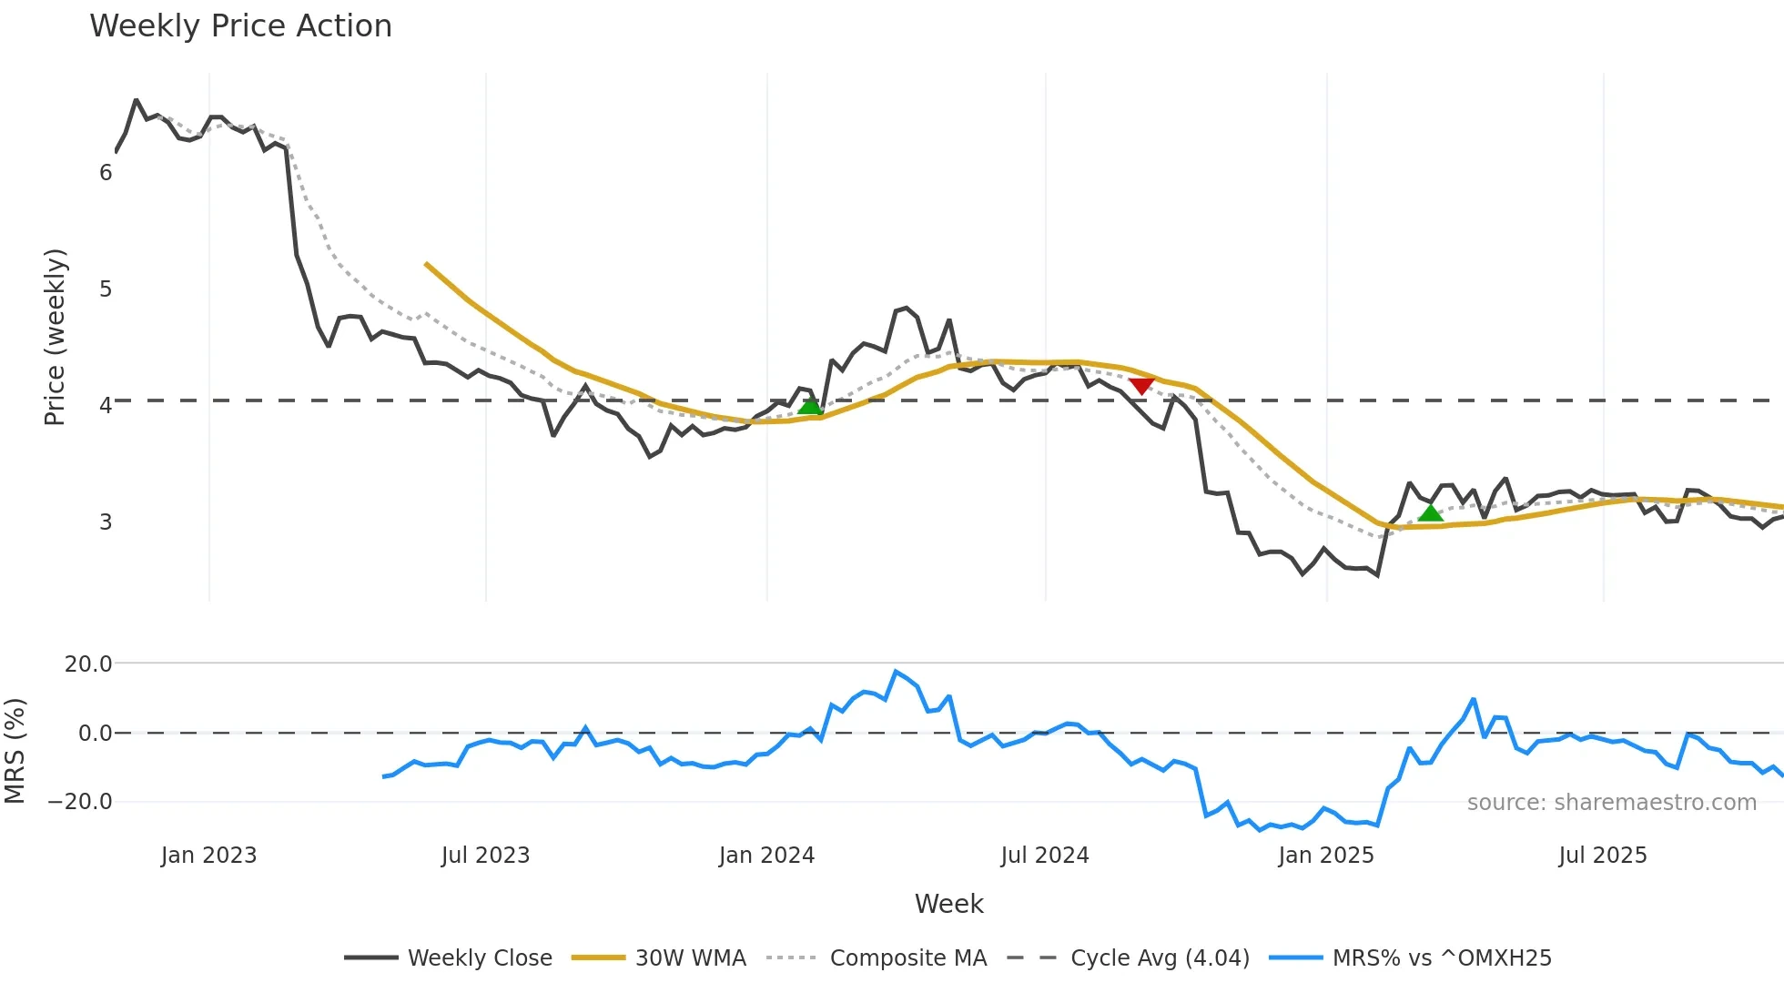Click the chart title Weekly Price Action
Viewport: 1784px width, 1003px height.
(x=240, y=26)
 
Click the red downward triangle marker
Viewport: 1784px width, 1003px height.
(x=1140, y=386)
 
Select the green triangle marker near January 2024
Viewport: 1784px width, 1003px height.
(x=810, y=406)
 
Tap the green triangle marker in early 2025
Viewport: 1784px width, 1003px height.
(x=1431, y=513)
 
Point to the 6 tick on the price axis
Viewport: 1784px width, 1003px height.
(x=106, y=173)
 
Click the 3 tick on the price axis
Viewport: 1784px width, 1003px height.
(x=106, y=522)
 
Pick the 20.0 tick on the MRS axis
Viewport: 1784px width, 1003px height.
(x=88, y=664)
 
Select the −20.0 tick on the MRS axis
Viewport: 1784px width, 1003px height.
(x=80, y=802)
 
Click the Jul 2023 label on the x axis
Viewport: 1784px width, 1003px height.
(x=485, y=856)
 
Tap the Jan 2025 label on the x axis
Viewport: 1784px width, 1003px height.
(x=1325, y=856)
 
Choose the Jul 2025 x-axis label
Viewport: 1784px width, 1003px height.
(x=1602, y=856)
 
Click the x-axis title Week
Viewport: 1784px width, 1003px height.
(x=948, y=904)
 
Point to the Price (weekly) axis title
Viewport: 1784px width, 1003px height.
(x=56, y=337)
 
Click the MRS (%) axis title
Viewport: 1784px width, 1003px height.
(x=15, y=751)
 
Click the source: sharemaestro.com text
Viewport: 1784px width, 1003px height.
(x=1611, y=803)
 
